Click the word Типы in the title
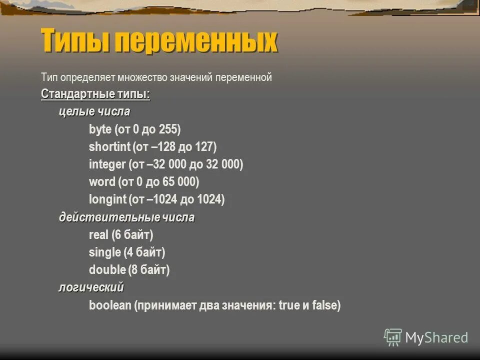(x=75, y=41)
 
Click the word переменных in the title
(x=196, y=41)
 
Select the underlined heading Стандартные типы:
(x=95, y=94)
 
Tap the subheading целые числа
(x=94, y=111)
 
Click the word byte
(x=100, y=129)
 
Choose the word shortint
(x=109, y=147)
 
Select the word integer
(x=107, y=164)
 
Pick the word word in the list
(x=102, y=182)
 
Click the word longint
(x=107, y=199)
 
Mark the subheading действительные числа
(x=127, y=217)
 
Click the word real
(x=98, y=235)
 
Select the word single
(x=104, y=252)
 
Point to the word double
(x=106, y=270)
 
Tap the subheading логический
(x=91, y=287)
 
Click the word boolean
(x=110, y=305)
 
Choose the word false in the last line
(x=325, y=305)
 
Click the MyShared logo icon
(x=393, y=337)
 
